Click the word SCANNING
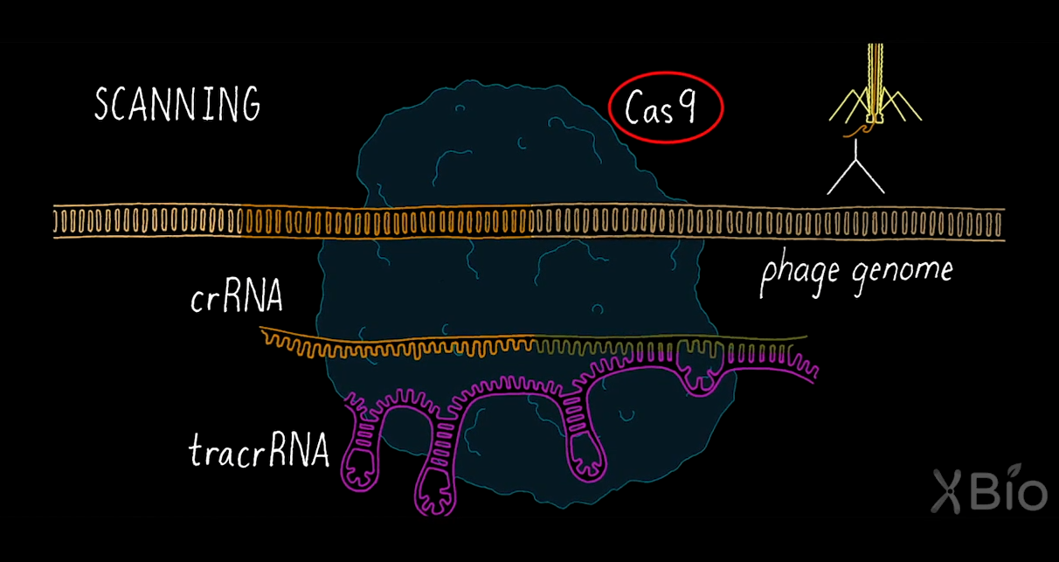(177, 105)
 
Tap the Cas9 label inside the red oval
(666, 109)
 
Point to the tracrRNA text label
(259, 452)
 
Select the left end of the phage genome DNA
(58, 222)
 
